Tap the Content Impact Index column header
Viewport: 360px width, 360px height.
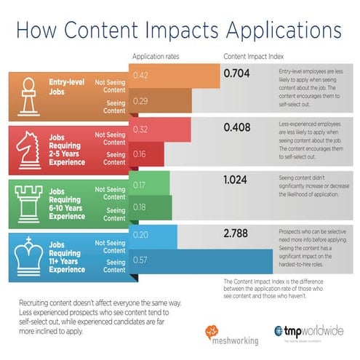(252, 57)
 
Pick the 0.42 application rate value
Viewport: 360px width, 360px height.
(142, 75)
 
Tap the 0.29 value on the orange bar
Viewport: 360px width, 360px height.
(142, 100)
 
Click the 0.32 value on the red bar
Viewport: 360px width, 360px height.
(142, 130)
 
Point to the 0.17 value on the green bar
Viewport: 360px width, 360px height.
(140, 185)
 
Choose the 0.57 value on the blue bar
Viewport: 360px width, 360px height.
(142, 260)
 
